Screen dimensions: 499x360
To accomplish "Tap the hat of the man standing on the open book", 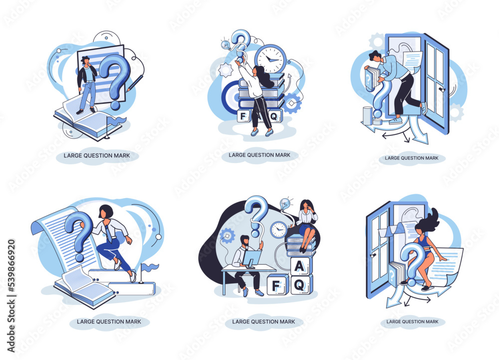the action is pos(85,58).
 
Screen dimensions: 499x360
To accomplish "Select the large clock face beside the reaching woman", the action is pos(270,59).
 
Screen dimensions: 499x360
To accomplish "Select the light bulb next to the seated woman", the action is pos(285,203).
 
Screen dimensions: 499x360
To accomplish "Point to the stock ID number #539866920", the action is pos(11,266).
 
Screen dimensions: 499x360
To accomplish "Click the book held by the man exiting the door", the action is pos(370,79).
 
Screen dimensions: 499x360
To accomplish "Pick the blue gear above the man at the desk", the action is pos(228,236).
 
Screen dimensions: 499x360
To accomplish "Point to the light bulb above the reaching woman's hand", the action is pos(226,44).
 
